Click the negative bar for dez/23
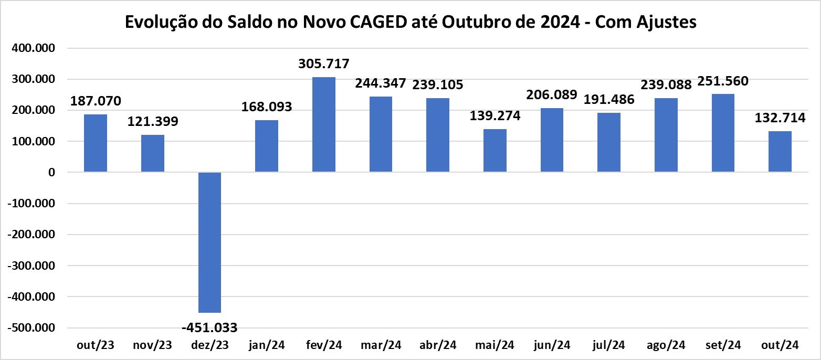209,242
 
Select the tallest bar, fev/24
323,125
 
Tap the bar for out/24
780,152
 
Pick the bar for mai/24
494,151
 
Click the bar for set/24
723,133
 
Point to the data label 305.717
323,64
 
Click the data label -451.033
209,328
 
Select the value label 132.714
780,118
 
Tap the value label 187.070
96,101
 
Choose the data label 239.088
666,85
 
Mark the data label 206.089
551,95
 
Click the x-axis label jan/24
267,345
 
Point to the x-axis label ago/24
666,345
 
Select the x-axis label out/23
96,345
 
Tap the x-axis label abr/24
438,345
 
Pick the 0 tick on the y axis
51,173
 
